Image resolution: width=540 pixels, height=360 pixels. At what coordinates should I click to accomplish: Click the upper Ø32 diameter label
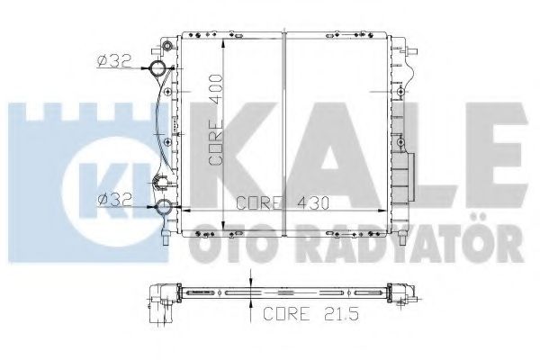[114, 61]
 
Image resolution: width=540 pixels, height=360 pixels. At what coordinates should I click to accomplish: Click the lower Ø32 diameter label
[115, 200]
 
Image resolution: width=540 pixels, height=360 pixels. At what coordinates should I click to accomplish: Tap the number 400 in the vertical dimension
[216, 90]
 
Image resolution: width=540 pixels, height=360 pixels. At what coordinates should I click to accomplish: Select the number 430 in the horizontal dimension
[313, 203]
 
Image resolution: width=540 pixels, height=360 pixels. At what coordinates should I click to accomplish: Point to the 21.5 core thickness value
[342, 313]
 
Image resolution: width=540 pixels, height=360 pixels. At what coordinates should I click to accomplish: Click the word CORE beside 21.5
[286, 313]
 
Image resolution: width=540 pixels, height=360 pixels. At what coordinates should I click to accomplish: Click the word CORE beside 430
[260, 203]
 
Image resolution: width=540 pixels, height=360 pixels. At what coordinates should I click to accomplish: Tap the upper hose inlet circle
[157, 68]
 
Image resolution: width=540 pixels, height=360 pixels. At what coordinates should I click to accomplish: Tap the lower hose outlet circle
[164, 207]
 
